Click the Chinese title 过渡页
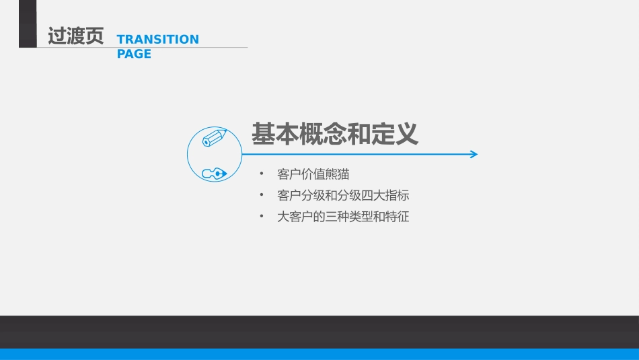point(76,36)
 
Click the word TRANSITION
point(157,40)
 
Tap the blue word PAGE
point(134,54)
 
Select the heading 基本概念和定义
point(334,134)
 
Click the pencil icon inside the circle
point(215,138)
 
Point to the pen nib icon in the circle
point(215,174)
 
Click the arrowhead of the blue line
point(474,154)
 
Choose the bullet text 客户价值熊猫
point(313,174)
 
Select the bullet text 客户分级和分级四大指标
point(343,196)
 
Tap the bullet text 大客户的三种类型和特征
point(343,217)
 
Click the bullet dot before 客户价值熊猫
point(261,174)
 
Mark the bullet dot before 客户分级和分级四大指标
point(261,195)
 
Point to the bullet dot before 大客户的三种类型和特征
point(261,216)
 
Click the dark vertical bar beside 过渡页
point(28,24)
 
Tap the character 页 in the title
point(95,36)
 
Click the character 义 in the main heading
point(406,134)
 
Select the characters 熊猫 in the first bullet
point(337,174)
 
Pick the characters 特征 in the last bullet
point(398,217)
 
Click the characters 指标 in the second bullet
point(398,196)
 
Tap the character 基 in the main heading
point(263,134)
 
